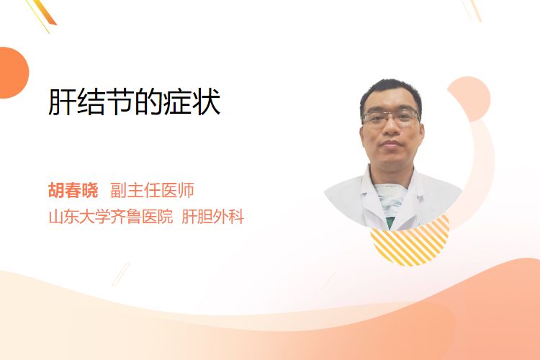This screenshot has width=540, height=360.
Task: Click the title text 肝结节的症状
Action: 135,102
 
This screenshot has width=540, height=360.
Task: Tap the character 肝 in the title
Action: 62,102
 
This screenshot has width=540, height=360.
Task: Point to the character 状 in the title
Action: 207,102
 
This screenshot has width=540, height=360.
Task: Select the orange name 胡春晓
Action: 73,190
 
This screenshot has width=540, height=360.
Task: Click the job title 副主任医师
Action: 152,190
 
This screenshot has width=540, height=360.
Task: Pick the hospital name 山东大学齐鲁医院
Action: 111,217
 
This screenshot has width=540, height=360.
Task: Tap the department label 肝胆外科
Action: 213,217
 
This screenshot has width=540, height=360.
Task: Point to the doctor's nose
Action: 391,128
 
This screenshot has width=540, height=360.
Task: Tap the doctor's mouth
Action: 391,143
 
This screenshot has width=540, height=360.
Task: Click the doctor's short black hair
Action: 390,93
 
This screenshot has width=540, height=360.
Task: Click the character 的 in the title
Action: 149,102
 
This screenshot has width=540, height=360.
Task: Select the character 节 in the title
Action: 120,102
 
